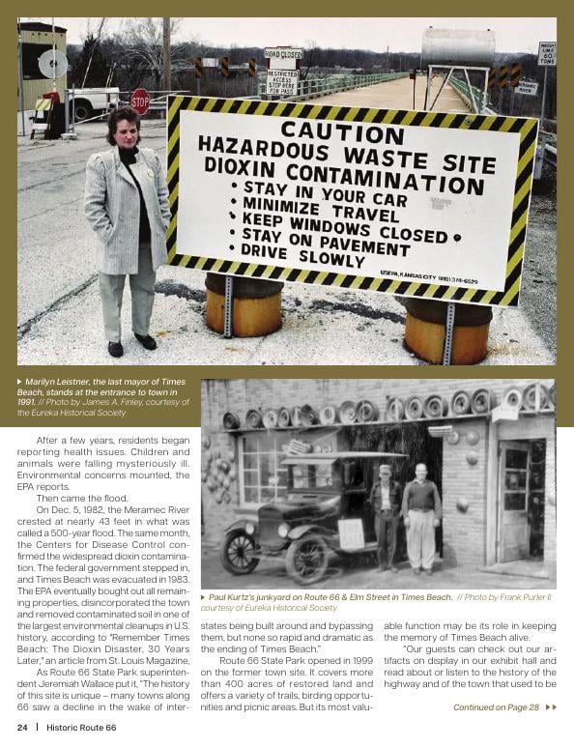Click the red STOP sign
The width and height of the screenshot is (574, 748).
tap(140, 101)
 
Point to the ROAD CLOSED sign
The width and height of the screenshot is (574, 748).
tap(283, 55)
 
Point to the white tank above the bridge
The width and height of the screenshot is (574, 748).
tap(458, 45)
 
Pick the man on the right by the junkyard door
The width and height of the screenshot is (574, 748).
tap(421, 513)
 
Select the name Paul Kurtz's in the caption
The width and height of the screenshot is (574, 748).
tap(237, 597)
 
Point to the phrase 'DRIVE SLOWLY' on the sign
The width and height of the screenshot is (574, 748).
tap(295, 254)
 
